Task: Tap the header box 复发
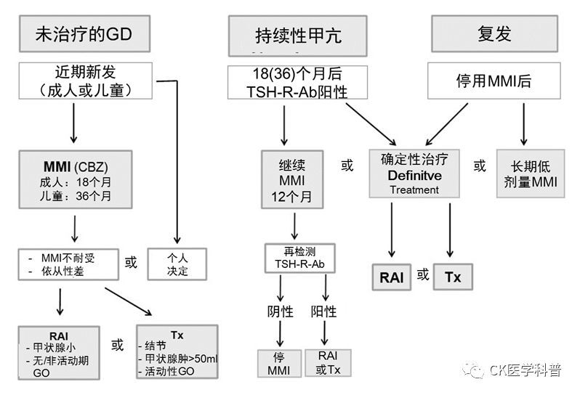494,34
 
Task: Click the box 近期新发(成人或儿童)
84,81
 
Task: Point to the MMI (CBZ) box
76,179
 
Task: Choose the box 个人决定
177,264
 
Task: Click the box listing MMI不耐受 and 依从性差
67,264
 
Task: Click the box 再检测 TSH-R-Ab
299,258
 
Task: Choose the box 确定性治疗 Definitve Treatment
414,174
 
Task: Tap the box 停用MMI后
494,81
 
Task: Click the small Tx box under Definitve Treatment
452,277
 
